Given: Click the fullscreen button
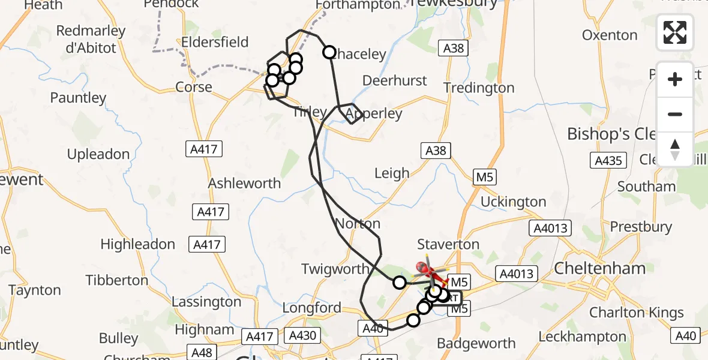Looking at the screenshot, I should tap(675, 32).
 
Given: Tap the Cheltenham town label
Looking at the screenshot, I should tap(599, 268).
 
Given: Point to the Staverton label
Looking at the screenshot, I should tap(448, 244).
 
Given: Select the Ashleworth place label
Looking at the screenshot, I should tap(244, 184).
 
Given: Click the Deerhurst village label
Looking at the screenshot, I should tap(395, 80).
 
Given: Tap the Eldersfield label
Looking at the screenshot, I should tap(215, 43).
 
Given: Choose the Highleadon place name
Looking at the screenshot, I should tap(138, 244).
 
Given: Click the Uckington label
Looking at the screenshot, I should tap(513, 202).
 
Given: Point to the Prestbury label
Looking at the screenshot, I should tap(641, 227).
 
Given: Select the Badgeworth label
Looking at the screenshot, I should tap(476, 343).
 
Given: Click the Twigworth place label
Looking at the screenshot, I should tap(335, 269).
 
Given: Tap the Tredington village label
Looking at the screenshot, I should tap(479, 88).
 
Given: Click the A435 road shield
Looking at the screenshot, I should tap(608, 160).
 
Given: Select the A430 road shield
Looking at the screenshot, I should tap(302, 335).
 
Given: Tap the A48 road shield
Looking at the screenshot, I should tap(202, 352).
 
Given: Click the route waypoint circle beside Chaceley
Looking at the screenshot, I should tap(329, 52).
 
